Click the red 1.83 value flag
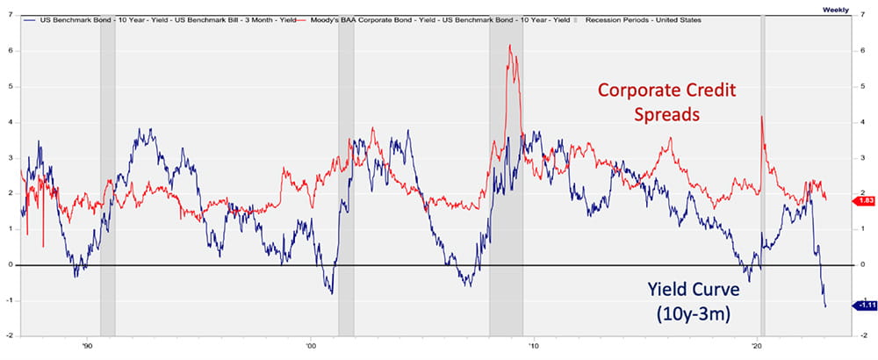pyautogui.click(x=864, y=200)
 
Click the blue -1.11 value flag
pyautogui.click(x=864, y=305)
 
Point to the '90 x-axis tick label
pyautogui.click(x=86, y=345)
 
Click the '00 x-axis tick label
pyautogui.click(x=309, y=345)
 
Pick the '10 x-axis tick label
pyautogui.click(x=533, y=345)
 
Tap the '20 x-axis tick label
pyautogui.click(x=757, y=345)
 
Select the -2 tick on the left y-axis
pyautogui.click(x=8, y=336)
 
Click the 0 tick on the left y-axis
pyautogui.click(x=9, y=265)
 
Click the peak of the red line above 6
pyautogui.click(x=510, y=46)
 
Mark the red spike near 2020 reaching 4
pyautogui.click(x=761, y=117)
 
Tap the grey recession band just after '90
pyautogui.click(x=107, y=176)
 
